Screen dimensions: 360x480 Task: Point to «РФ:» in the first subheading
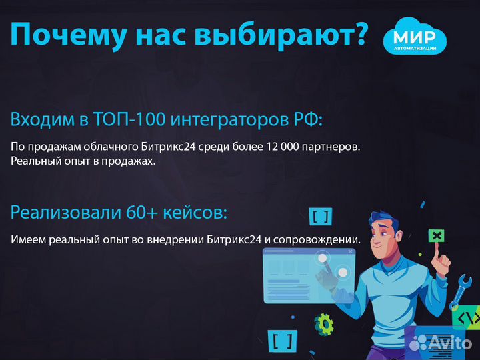(307, 120)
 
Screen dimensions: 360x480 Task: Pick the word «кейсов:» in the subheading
(197, 213)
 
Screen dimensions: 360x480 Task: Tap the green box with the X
(437, 235)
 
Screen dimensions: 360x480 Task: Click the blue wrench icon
(459, 292)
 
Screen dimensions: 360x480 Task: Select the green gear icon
(324, 324)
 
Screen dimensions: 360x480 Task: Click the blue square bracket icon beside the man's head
(321, 215)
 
